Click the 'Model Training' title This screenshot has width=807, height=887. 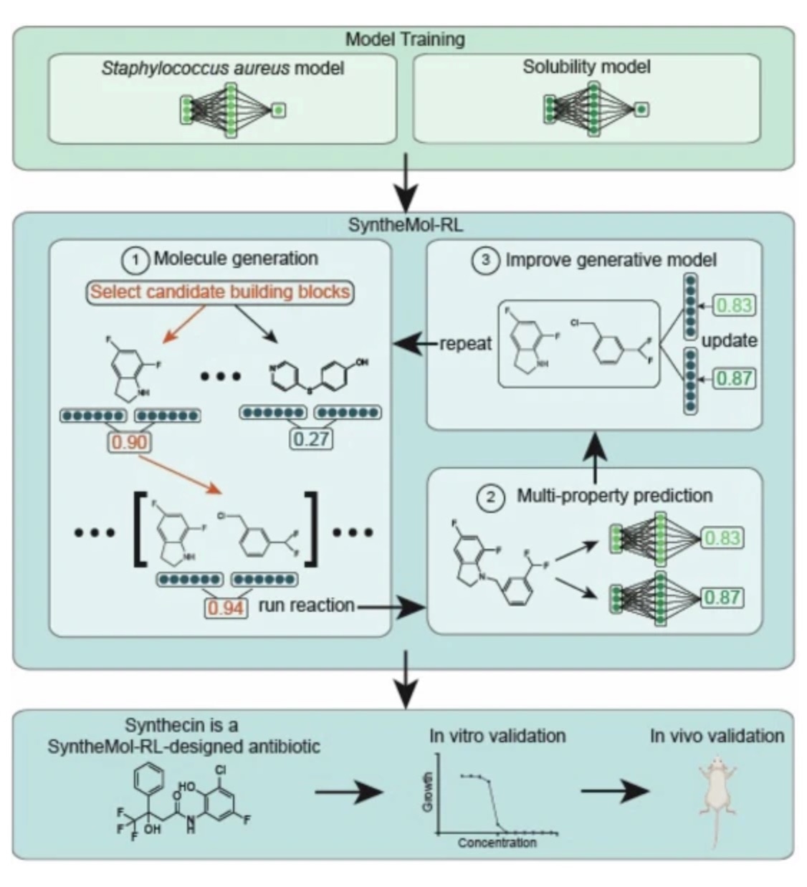coord(405,39)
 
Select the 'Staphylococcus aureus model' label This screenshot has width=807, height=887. coord(222,69)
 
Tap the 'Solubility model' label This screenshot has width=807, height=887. coord(586,67)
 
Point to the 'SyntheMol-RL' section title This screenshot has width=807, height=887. coord(406,225)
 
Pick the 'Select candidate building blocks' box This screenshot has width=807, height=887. coord(221,292)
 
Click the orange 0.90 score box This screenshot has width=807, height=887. coord(129,442)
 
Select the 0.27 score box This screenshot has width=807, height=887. coord(311,438)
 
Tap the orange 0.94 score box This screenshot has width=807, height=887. coord(226,608)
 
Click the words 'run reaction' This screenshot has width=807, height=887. coord(306,605)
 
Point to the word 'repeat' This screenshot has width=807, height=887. coord(466,343)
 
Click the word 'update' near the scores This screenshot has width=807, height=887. coord(729,340)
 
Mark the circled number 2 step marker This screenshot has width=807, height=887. coord(492,497)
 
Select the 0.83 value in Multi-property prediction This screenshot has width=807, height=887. coord(722,537)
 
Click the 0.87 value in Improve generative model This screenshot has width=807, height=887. coord(734,378)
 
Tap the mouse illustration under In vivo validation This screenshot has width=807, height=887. coord(717,795)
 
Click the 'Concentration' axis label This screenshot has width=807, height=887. coord(497,843)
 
